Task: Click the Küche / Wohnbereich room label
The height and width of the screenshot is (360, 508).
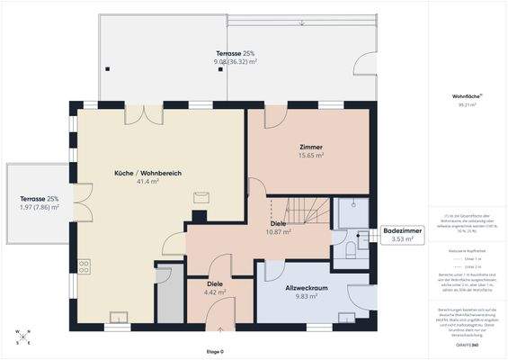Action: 136,172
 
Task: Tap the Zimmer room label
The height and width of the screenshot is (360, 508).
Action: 311,146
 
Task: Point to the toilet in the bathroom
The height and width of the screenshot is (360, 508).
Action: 351,249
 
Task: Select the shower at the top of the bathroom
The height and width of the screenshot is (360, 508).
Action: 349,209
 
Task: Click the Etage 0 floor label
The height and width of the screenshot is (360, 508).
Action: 215,351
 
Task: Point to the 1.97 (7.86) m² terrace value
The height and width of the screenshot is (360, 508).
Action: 40,207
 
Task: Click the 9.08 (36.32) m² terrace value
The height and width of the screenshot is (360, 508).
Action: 236,61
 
